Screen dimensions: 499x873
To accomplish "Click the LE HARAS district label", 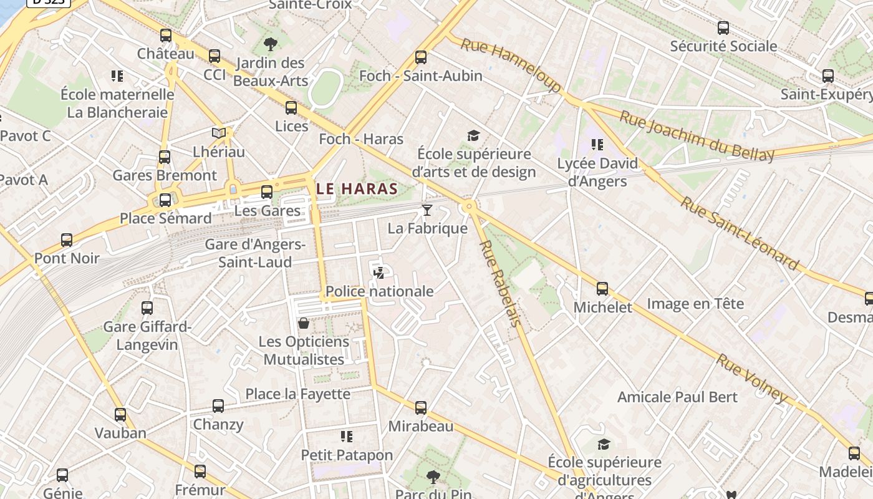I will click(357, 188).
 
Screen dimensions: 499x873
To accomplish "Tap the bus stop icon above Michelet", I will click(602, 289).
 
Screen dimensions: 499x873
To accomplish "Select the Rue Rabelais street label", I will click(499, 283).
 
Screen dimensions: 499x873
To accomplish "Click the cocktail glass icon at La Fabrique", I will click(427, 210).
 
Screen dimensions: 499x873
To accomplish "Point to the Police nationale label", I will click(379, 291).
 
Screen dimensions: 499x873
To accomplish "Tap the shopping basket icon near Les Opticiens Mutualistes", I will click(304, 323).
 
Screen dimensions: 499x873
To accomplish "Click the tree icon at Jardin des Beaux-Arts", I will click(270, 44).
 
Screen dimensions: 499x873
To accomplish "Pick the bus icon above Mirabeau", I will click(421, 408).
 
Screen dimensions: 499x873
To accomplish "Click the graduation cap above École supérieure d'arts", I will click(474, 136).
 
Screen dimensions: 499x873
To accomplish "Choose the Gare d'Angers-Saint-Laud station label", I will click(256, 253).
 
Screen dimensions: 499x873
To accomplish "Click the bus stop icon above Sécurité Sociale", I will click(723, 28).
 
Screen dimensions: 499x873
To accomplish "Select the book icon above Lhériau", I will click(218, 133).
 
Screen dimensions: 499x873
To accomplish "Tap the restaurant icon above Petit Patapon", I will click(347, 436).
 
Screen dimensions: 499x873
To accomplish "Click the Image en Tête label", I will click(695, 304).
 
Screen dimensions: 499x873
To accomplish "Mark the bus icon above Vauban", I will click(120, 415).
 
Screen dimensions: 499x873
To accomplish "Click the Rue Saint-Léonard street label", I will click(739, 233).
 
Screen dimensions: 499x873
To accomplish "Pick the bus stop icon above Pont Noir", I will click(67, 240).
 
